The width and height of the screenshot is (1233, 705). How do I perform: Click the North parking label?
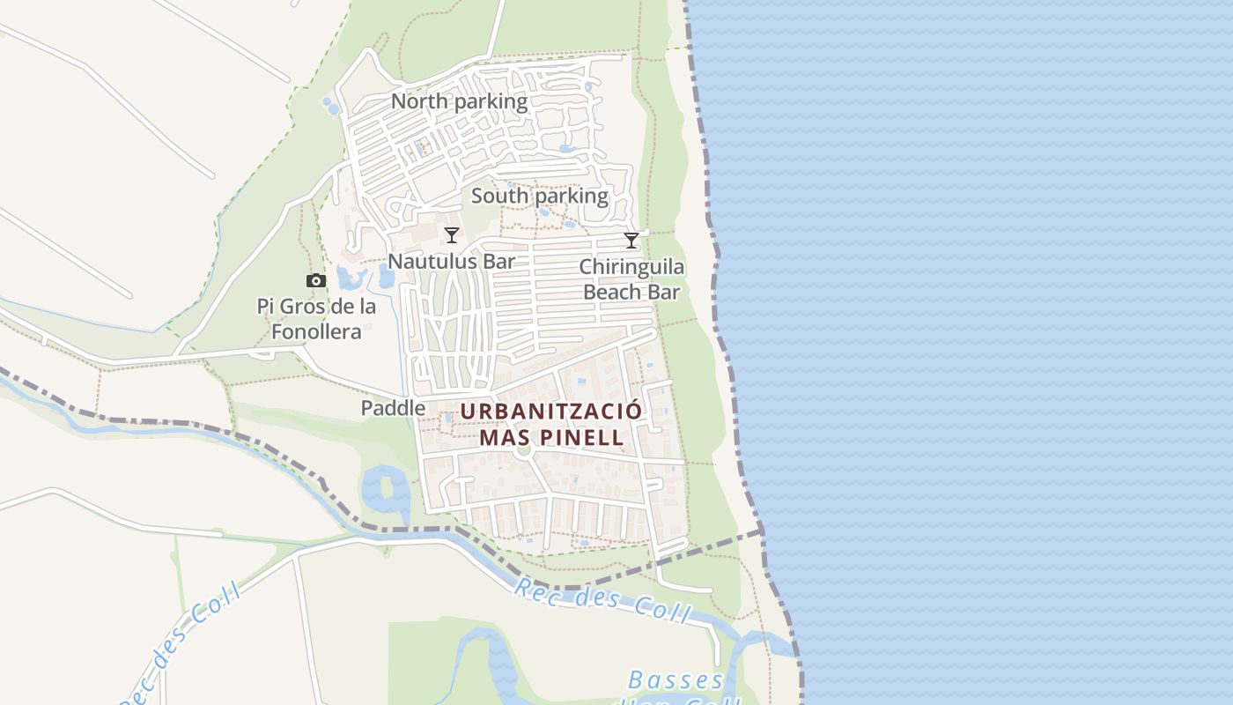pos(459,101)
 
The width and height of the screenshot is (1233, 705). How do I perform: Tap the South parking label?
pos(539,196)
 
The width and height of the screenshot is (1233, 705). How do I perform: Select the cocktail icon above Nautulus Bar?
pos(452,235)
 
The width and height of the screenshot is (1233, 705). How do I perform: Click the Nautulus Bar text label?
pos(451,262)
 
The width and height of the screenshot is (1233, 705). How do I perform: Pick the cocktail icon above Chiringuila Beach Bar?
pos(631,241)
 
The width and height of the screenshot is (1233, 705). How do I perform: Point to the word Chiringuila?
pos(631,267)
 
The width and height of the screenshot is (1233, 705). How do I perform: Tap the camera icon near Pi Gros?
pos(316,281)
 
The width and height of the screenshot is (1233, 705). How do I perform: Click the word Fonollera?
pos(316,332)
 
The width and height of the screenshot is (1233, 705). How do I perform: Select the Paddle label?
pos(393,408)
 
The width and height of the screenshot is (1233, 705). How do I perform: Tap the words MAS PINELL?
pos(551,437)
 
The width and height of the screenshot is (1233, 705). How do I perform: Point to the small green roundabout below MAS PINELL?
pos(524,450)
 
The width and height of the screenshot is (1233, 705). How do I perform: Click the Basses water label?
pos(676,681)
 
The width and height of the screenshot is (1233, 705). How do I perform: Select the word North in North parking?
pos(419,101)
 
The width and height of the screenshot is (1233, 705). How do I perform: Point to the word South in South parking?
pos(498,196)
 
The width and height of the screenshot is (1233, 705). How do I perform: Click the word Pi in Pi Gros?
pos(266,307)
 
